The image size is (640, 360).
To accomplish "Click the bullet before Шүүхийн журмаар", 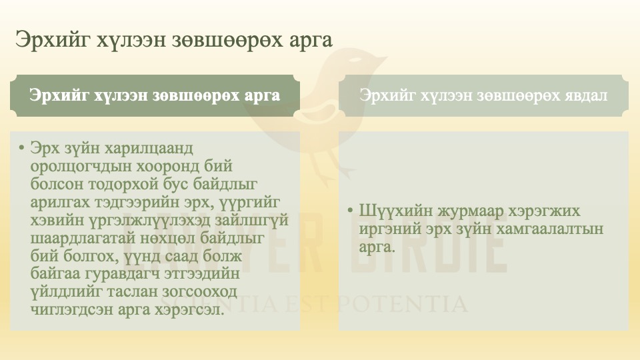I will point(351,211).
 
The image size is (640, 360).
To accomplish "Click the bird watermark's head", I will point(347,70).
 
